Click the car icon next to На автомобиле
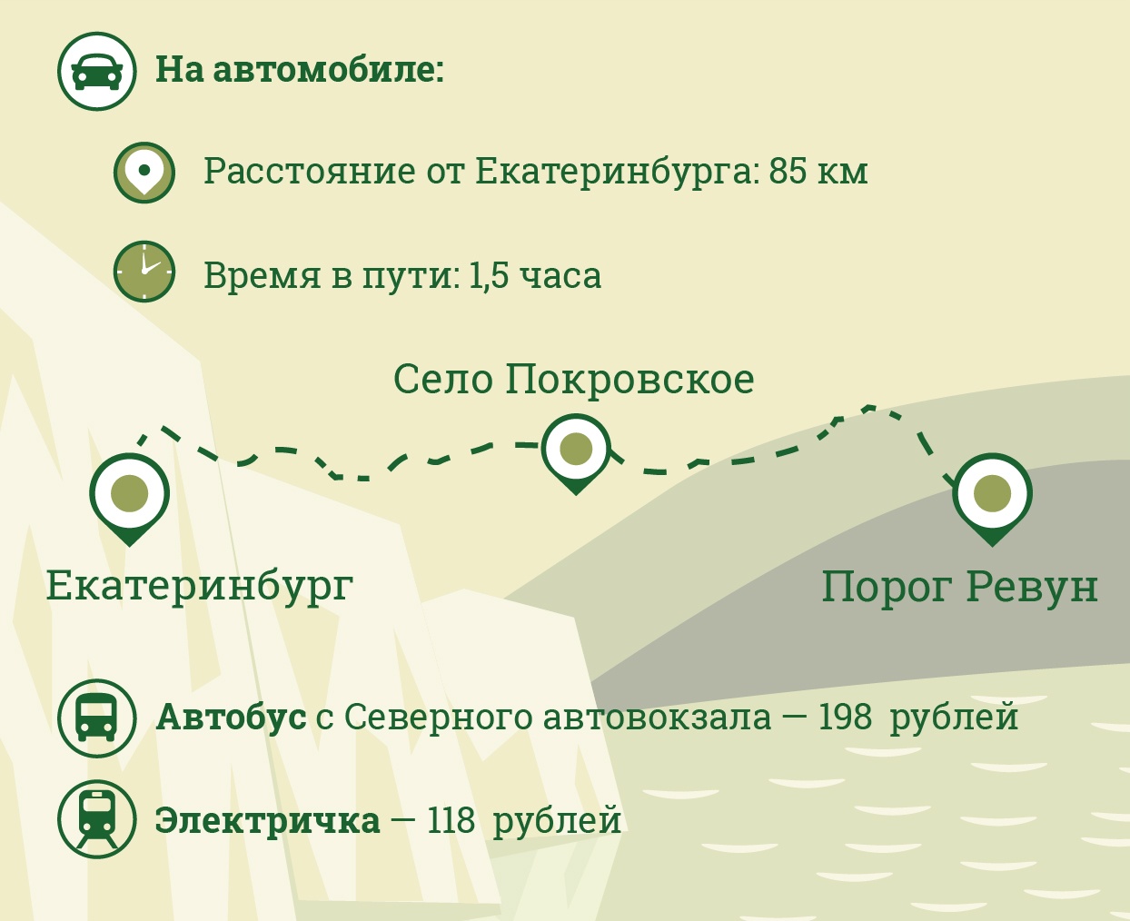(97, 71)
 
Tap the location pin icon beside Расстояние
(144, 173)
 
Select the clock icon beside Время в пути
(144, 272)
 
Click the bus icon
(97, 718)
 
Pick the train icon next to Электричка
(97, 819)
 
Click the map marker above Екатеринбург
(130, 499)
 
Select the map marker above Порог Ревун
(992, 499)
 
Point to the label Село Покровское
(573, 381)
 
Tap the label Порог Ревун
(960, 589)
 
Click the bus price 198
(845, 718)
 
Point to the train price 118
(451, 820)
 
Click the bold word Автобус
(232, 718)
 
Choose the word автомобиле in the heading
(329, 71)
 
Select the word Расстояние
(310, 172)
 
